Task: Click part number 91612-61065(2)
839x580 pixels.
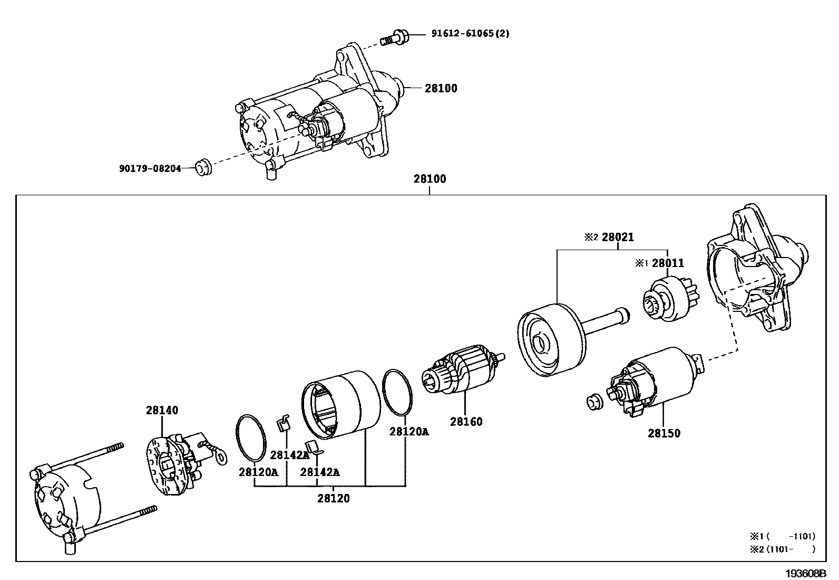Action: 470,33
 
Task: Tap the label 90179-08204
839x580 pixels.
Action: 150,168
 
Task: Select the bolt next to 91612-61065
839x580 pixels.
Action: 395,37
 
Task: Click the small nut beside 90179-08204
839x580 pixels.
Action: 204,167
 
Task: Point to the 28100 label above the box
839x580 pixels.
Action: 430,178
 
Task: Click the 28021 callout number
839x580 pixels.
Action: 618,237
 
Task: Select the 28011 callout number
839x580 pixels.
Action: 668,263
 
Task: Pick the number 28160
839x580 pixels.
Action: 466,422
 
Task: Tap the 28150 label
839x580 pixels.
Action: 664,433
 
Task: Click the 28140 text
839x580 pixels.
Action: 162,410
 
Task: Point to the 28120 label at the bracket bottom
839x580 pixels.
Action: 334,498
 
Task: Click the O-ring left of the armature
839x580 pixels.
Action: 397,393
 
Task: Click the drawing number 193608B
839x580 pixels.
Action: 805,573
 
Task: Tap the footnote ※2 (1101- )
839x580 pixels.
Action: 782,549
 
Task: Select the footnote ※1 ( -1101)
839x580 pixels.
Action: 782,537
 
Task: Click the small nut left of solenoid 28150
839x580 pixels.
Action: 595,402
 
